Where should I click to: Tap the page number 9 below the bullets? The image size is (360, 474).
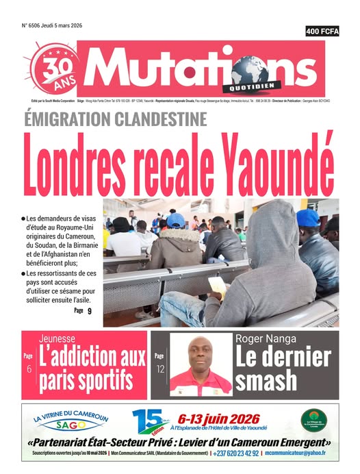point(89,312)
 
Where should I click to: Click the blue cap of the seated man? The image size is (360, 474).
point(175,221)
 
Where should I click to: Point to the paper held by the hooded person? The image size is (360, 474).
point(217,285)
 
